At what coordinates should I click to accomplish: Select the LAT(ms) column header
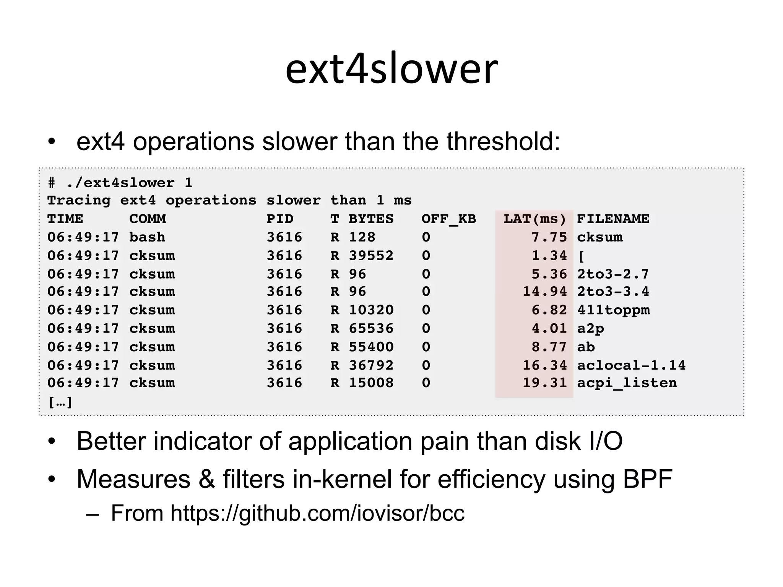pyautogui.click(x=534, y=219)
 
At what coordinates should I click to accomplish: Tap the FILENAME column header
pyautogui.click(x=613, y=219)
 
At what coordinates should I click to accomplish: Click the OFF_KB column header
pyautogui.click(x=448, y=219)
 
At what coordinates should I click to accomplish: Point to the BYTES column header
pyautogui.click(x=371, y=219)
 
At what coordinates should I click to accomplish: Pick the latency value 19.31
pyautogui.click(x=544, y=383)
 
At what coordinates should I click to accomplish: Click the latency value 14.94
pyautogui.click(x=544, y=292)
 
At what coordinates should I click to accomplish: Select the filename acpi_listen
pyautogui.click(x=627, y=383)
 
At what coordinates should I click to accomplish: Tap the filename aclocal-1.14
pyautogui.click(x=631, y=365)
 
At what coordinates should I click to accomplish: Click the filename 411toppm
pyautogui.click(x=614, y=310)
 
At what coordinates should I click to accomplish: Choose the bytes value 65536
pyautogui.click(x=371, y=329)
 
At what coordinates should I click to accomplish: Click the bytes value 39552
pyautogui.click(x=371, y=256)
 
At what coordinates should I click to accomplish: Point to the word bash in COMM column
pyautogui.click(x=147, y=237)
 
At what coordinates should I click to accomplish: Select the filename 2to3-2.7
pyautogui.click(x=613, y=274)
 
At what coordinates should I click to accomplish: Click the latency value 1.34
pyautogui.click(x=549, y=256)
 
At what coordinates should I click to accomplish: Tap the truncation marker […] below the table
pyautogui.click(x=60, y=402)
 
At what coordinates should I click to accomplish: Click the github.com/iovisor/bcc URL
pyautogui.click(x=317, y=513)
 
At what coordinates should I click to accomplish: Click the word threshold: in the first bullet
pyautogui.click(x=503, y=141)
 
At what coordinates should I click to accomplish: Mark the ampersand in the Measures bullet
pyautogui.click(x=206, y=479)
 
